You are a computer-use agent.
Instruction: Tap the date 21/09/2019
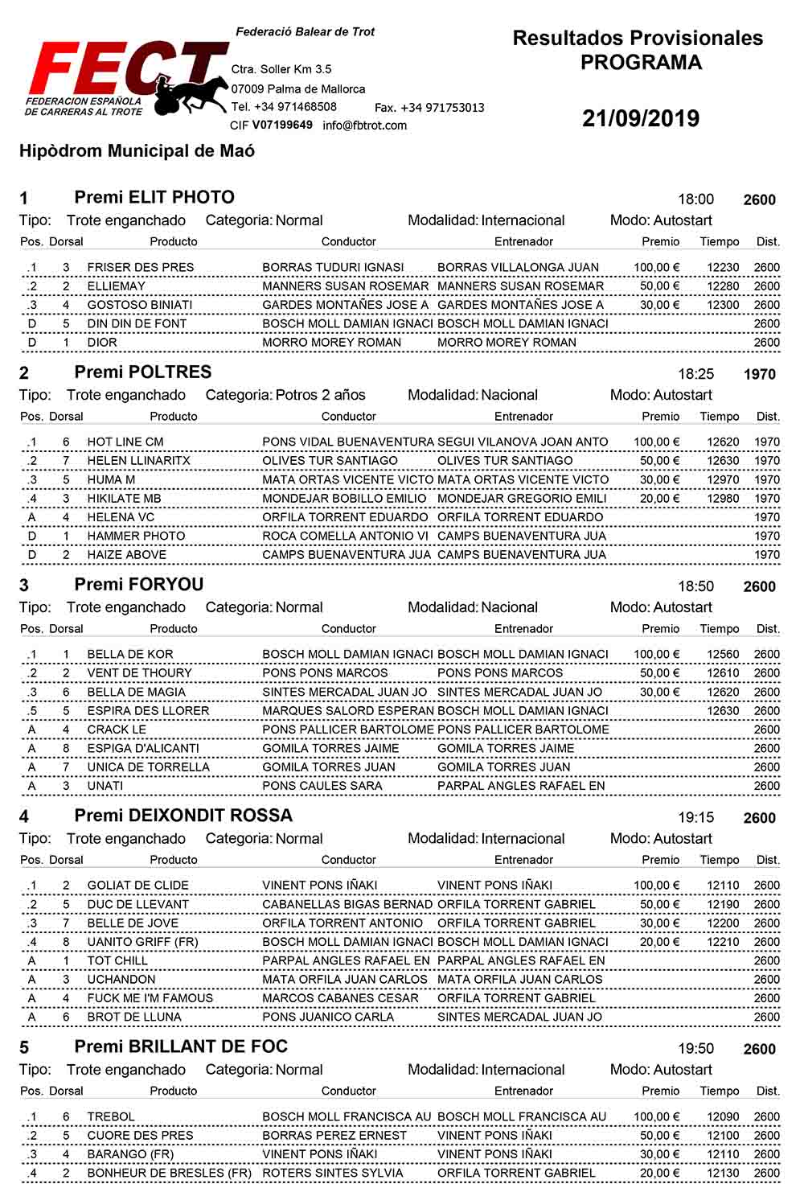point(641,119)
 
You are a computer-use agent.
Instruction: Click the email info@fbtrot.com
point(364,125)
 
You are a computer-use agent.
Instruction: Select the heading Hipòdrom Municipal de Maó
point(137,151)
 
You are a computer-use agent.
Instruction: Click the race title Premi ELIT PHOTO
point(154,198)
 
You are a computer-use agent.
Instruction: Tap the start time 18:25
point(695,374)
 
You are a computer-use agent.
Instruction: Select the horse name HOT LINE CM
point(125,442)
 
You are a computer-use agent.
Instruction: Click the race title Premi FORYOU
point(138,585)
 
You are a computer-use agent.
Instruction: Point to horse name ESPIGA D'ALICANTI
point(143,748)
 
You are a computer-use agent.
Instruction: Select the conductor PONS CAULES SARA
point(322,786)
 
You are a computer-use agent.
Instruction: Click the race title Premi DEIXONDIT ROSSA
point(183,816)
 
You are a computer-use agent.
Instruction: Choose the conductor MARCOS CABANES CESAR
point(340,998)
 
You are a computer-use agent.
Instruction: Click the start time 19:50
point(695,1049)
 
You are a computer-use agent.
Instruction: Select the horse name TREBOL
point(111,1116)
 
